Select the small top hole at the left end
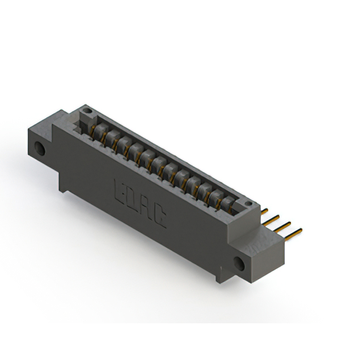86,108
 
